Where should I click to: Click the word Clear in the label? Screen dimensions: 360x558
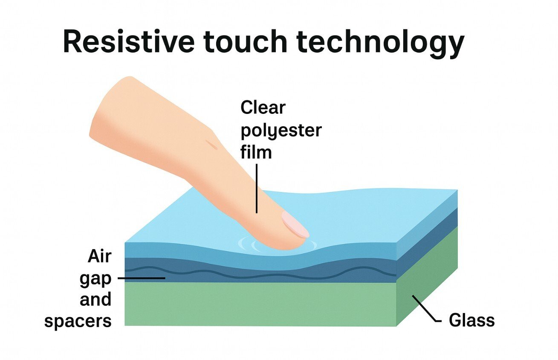(x=263, y=107)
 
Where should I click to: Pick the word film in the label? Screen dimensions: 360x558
(x=256, y=152)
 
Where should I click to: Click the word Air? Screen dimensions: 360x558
(x=99, y=256)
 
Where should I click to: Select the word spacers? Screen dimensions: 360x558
(x=78, y=321)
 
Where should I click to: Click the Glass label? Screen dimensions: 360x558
(x=471, y=320)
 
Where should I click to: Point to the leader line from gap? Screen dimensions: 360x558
(x=141, y=278)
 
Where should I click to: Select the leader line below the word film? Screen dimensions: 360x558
(x=257, y=188)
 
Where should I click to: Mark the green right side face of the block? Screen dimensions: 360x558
(x=426, y=277)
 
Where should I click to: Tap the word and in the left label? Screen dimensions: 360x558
(x=95, y=299)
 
